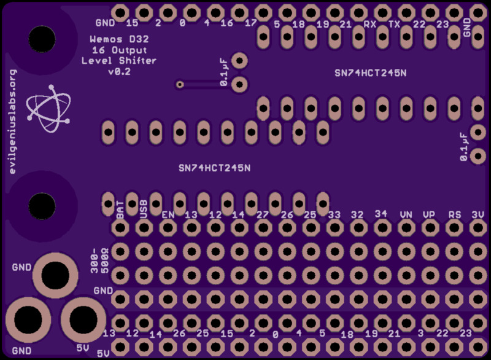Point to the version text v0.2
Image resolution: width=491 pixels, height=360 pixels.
[x=119, y=72]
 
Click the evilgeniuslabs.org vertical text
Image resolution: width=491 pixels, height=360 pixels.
[x=13, y=121]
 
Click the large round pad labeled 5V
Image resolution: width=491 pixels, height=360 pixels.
[x=83, y=319]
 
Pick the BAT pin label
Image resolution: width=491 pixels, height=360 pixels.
[x=120, y=209]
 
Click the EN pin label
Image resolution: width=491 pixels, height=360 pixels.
[x=168, y=215]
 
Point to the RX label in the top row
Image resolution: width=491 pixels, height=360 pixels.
[x=369, y=25]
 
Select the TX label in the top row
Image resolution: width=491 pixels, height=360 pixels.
[x=395, y=25]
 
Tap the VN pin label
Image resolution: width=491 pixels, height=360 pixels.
[x=406, y=215]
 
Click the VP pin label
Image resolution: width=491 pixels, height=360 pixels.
[x=430, y=215]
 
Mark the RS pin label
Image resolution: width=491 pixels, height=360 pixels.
[x=454, y=215]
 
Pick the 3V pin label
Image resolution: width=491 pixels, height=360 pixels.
[x=478, y=215]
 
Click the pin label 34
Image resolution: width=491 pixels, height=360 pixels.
[x=381, y=213]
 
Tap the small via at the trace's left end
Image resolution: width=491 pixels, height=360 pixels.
[x=180, y=84]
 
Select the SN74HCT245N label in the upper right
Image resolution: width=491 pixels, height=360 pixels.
[x=370, y=72]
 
